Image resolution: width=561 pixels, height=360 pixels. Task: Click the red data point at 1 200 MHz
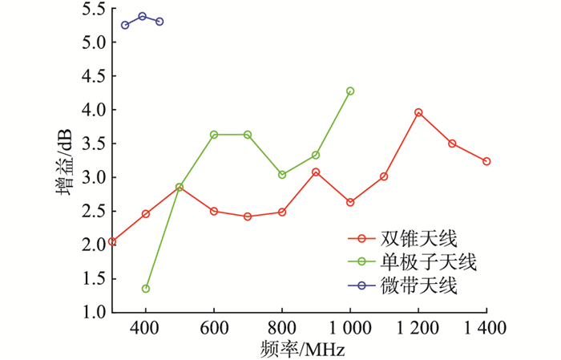(x=418, y=113)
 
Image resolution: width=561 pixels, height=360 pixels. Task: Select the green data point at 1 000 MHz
(x=350, y=91)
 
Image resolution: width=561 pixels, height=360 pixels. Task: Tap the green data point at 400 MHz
(x=146, y=289)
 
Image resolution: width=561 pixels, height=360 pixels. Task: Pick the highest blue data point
(x=143, y=16)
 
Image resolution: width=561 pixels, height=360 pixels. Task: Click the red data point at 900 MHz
(x=316, y=172)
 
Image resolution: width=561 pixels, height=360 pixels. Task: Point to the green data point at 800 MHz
(x=282, y=175)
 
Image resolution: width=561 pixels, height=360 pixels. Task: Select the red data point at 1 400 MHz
(x=486, y=161)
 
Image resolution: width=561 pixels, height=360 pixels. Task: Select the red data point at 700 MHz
(x=248, y=216)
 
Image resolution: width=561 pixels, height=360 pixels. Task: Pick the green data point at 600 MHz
(x=214, y=135)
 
